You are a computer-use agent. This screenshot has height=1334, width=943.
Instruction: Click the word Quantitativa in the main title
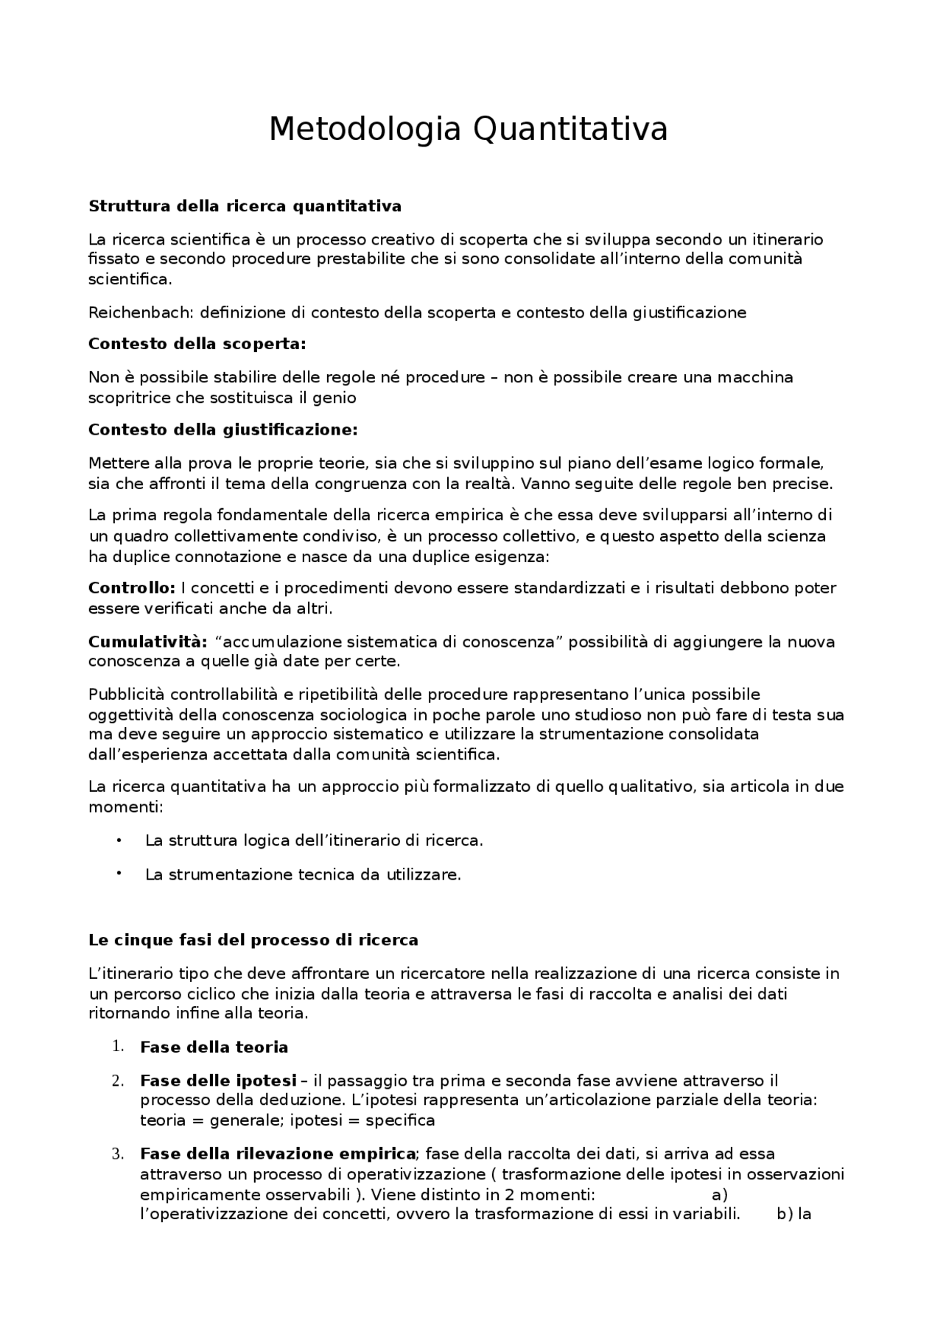(569, 130)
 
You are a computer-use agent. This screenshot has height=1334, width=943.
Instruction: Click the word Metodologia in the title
(365, 130)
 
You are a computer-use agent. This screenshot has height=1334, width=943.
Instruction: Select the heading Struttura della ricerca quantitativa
(245, 206)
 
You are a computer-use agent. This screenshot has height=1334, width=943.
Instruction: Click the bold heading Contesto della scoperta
(197, 344)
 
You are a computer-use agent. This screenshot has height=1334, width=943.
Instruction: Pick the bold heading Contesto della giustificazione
(222, 429)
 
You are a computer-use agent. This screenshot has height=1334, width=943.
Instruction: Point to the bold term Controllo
(131, 589)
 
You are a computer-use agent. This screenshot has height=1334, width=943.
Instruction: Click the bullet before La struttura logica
(119, 840)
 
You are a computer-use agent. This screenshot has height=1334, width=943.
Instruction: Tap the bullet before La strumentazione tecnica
(119, 873)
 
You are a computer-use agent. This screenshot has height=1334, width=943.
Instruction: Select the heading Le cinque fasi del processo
(253, 940)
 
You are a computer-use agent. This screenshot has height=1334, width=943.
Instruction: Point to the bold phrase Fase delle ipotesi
(218, 1081)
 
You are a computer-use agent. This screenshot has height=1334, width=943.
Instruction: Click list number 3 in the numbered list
(117, 1154)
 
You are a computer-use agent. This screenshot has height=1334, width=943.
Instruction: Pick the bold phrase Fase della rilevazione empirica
(278, 1154)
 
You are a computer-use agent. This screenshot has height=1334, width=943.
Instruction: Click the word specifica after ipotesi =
(400, 1120)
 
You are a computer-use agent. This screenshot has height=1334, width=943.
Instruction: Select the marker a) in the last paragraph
(719, 1194)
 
